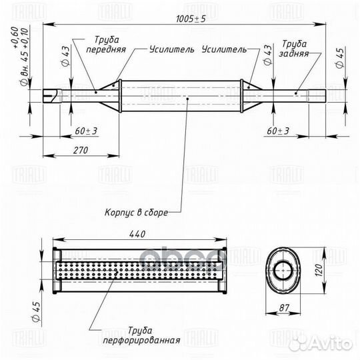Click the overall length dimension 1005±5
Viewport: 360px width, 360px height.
(191, 19)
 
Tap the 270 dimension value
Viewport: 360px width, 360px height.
(81, 150)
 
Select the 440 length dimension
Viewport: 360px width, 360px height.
(137, 234)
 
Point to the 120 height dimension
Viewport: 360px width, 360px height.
(319, 270)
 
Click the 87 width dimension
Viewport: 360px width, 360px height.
(284, 307)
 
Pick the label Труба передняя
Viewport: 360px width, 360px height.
(106, 45)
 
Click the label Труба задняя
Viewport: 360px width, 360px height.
(293, 49)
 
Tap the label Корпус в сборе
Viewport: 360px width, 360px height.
(137, 213)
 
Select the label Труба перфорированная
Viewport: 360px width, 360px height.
(141, 335)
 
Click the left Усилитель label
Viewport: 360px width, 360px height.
(172, 49)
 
